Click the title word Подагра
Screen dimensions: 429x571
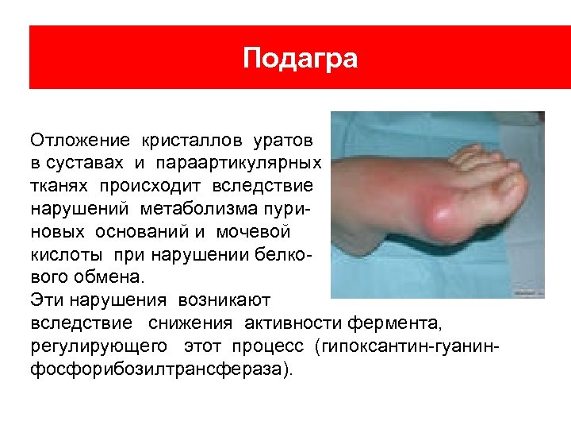tap(300, 59)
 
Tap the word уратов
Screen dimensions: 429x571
tap(283, 141)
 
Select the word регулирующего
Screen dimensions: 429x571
tap(99, 347)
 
